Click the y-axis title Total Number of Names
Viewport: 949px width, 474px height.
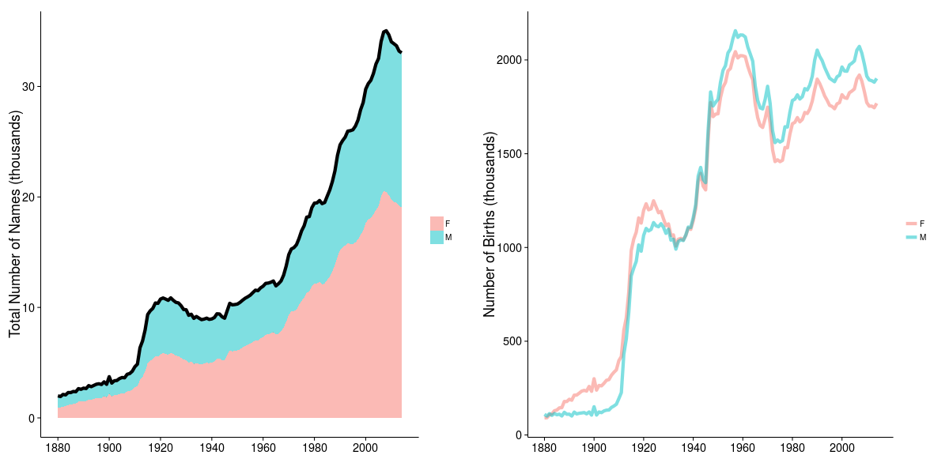(15, 224)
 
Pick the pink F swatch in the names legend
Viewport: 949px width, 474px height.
(437, 223)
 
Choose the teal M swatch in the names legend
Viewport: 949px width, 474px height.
(437, 237)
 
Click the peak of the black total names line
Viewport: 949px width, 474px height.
(385, 31)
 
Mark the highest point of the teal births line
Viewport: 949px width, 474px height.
(735, 32)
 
